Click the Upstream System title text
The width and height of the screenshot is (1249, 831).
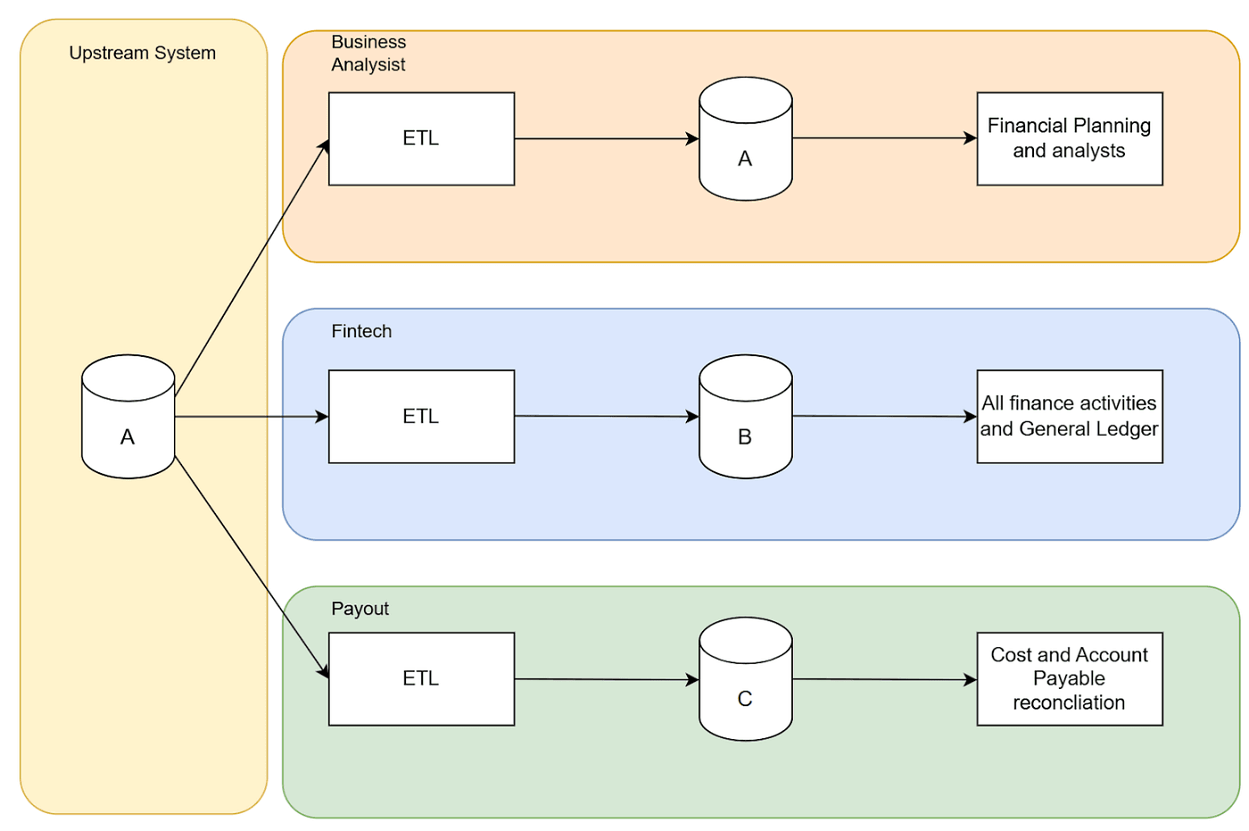pos(142,53)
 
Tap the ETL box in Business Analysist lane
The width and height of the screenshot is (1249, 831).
pos(421,138)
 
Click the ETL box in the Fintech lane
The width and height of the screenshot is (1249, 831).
pos(421,416)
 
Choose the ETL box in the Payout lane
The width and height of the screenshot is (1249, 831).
pos(421,678)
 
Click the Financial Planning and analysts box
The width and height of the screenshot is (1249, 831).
pos(1069,138)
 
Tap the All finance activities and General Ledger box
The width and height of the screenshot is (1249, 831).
pos(1069,416)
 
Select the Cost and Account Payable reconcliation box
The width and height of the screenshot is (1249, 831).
pos(1069,678)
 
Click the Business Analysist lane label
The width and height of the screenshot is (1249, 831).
pos(368,54)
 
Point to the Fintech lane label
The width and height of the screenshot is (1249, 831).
pos(361,331)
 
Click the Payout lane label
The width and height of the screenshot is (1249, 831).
pos(360,609)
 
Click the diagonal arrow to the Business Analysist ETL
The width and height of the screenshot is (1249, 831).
pos(252,269)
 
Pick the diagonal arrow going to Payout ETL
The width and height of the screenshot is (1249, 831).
pos(252,566)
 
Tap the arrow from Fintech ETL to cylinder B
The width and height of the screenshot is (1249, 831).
pos(607,416)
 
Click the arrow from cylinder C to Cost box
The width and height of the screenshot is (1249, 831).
pos(883,679)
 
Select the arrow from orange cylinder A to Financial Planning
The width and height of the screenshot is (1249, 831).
pos(883,138)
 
